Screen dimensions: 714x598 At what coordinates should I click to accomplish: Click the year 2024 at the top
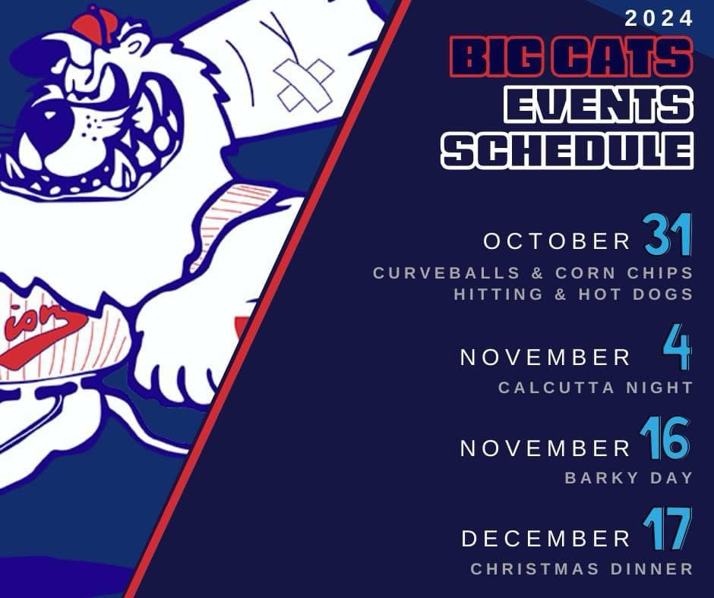coord(659,19)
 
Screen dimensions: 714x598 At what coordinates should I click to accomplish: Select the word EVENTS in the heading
coord(599,105)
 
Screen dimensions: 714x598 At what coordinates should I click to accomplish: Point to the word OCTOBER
coord(557,241)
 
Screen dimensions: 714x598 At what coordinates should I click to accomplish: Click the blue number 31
coord(668,234)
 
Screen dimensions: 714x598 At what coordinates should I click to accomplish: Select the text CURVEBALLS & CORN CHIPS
coord(533,273)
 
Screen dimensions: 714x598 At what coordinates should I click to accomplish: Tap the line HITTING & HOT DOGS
coord(573,294)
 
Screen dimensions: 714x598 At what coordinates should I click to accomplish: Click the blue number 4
coord(677,347)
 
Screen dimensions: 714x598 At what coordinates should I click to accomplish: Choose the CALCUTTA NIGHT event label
coord(596,388)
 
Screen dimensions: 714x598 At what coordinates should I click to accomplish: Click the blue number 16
coord(665,439)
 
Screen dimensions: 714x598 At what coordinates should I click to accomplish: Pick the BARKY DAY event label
coord(629,478)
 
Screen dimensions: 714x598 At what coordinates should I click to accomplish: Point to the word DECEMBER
coord(545,539)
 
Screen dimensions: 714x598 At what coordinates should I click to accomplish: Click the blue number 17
coord(667,529)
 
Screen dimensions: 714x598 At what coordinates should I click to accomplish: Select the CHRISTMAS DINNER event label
coord(582,569)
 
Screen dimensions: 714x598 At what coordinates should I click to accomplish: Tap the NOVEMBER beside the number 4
coord(545,357)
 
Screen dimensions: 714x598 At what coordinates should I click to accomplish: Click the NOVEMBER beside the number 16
coord(545,448)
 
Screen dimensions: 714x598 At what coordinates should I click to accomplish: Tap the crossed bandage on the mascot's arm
coord(304,85)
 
